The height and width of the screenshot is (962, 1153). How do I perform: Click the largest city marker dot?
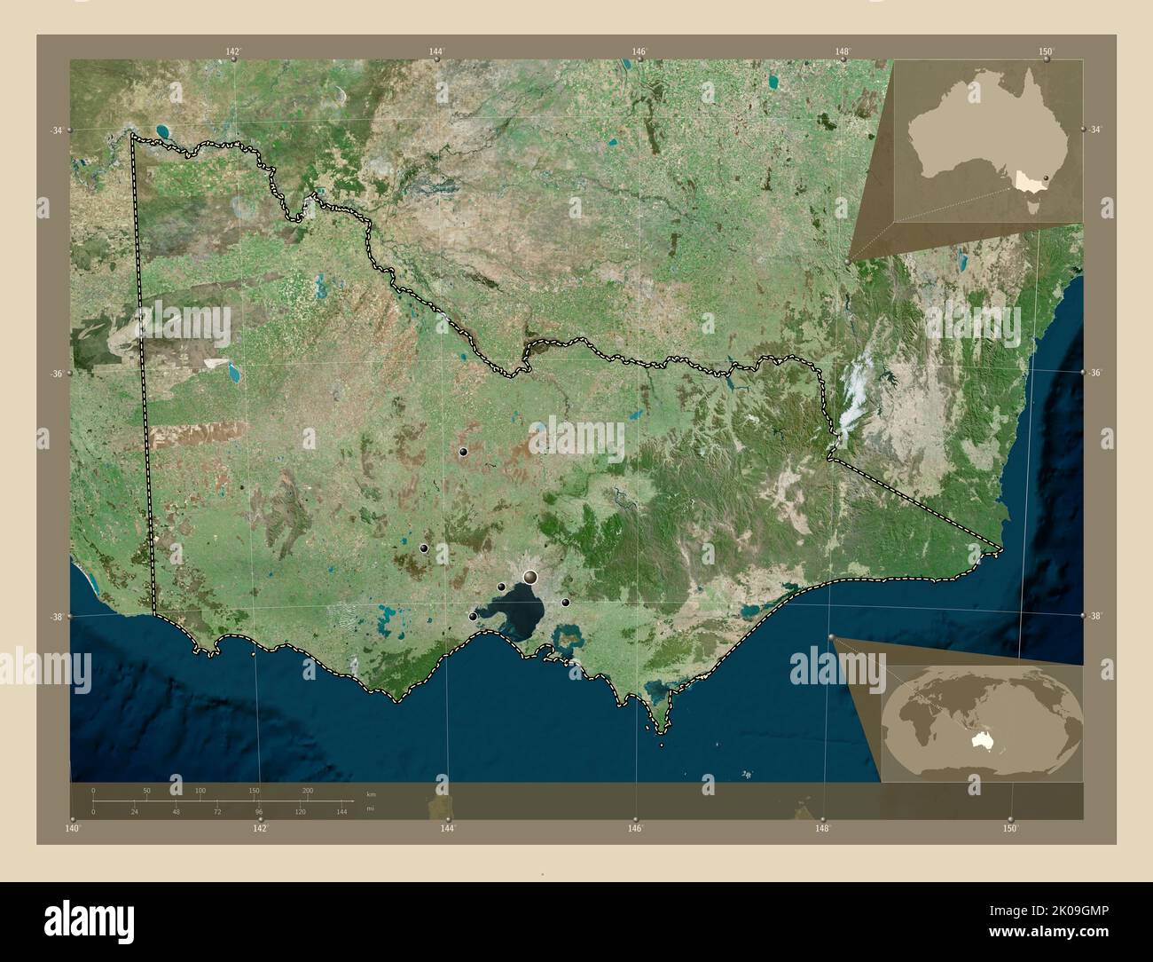(x=530, y=578)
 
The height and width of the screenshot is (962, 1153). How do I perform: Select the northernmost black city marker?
(x=463, y=453)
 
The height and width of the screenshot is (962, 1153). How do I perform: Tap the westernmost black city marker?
(x=424, y=548)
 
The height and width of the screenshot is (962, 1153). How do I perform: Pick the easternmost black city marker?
(x=565, y=603)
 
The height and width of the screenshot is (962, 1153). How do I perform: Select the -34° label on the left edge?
(x=56, y=130)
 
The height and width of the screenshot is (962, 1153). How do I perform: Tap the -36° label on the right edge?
(x=1095, y=374)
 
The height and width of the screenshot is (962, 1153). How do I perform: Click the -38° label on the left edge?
(x=56, y=616)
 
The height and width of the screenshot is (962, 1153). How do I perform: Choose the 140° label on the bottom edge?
(x=73, y=829)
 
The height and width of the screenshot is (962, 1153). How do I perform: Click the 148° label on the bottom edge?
(x=823, y=829)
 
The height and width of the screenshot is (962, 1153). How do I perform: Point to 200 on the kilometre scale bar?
(x=308, y=790)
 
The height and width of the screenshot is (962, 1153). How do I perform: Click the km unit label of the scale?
(x=371, y=793)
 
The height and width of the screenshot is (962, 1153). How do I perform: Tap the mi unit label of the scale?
(x=371, y=809)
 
